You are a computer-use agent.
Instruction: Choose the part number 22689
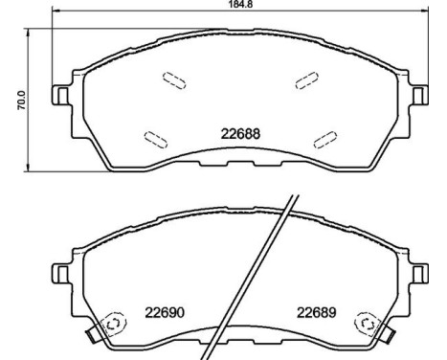click(316, 309)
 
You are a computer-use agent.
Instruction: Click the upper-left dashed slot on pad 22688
click(173, 81)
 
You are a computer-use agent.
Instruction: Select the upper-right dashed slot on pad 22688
click(306, 81)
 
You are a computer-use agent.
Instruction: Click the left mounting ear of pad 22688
click(60, 96)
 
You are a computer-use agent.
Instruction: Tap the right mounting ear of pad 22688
click(417, 96)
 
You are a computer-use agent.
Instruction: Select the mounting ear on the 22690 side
click(60, 274)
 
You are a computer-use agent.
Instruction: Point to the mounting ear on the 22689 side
click(417, 274)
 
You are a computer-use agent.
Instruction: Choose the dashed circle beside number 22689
click(366, 323)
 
